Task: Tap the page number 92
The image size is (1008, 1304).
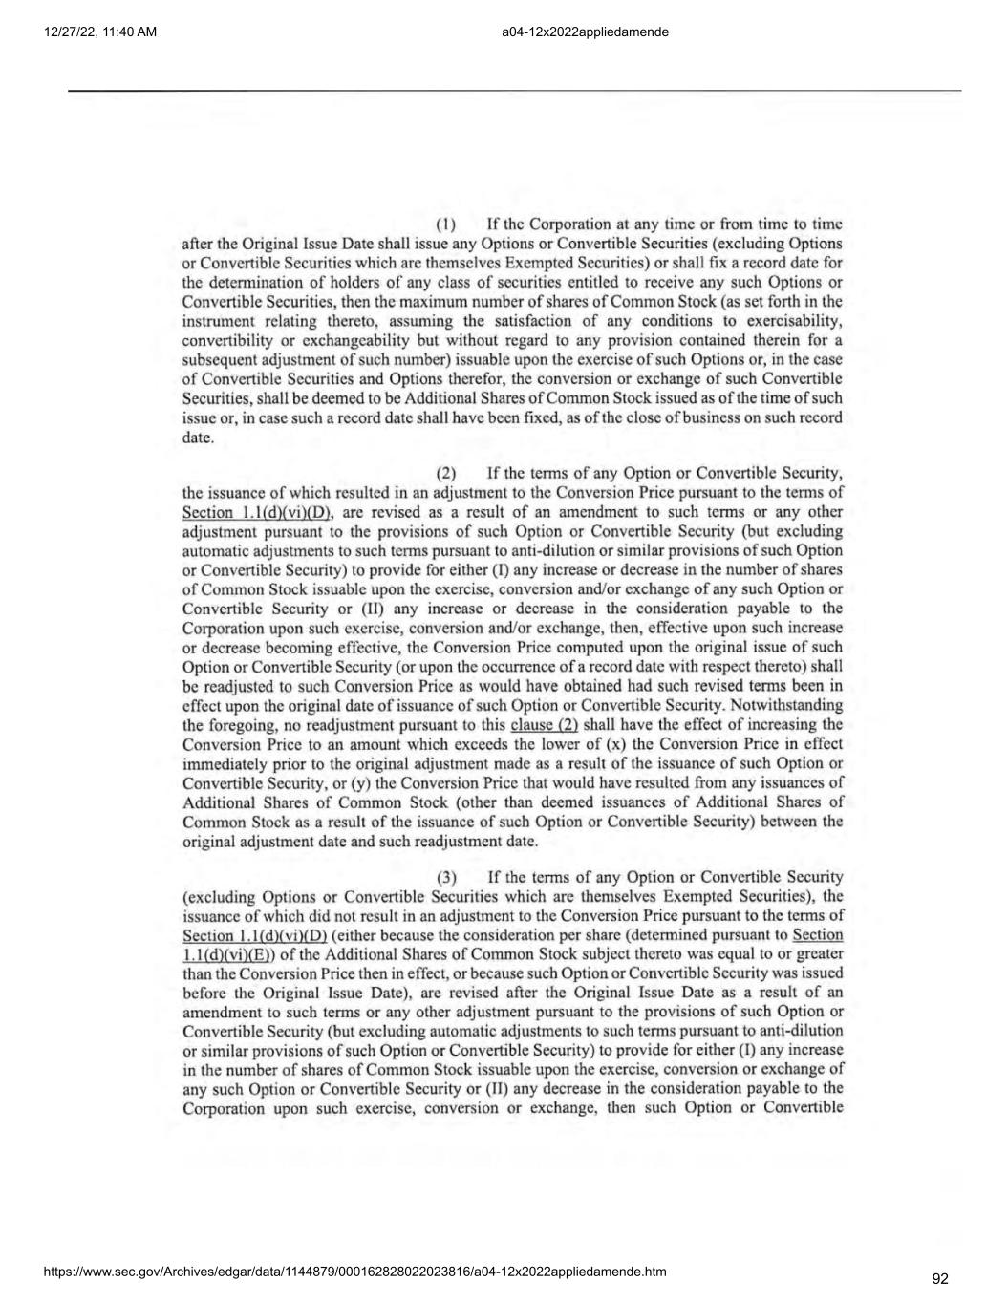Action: (x=940, y=1279)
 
